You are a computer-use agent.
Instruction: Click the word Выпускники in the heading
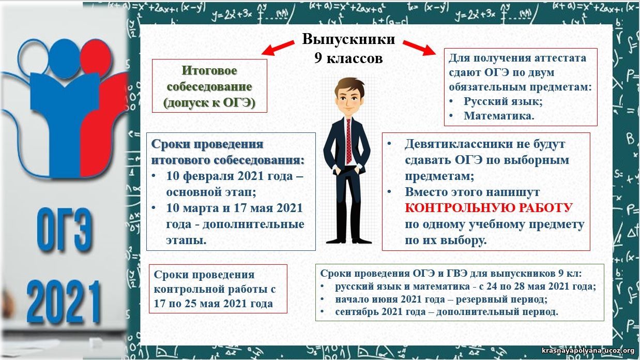(x=348, y=39)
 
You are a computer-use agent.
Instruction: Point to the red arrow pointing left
(x=278, y=48)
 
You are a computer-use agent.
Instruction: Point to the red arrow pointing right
(x=419, y=48)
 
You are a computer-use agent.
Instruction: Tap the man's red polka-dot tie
(x=348, y=141)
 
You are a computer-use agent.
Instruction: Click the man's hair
(x=349, y=86)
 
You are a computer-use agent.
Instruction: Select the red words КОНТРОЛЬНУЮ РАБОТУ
(x=489, y=208)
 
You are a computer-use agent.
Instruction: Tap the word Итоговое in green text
(x=209, y=70)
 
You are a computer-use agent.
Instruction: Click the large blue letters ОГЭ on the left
(x=65, y=230)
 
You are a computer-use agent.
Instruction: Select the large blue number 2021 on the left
(x=64, y=302)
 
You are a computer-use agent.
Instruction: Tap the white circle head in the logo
(x=34, y=56)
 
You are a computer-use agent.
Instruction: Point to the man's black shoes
(x=349, y=241)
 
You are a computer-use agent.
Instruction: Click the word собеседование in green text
(x=209, y=87)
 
